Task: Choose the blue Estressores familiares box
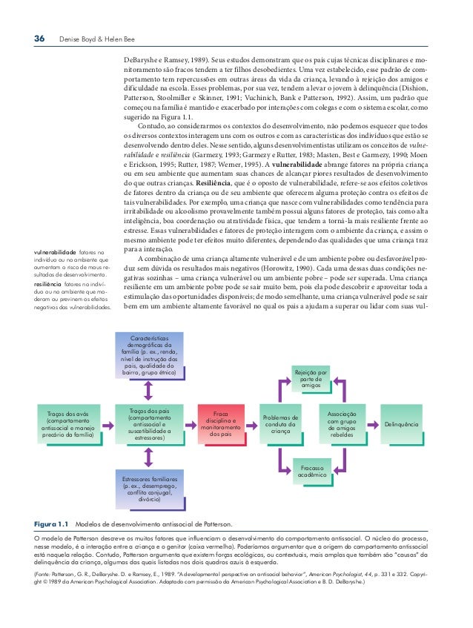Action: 150,489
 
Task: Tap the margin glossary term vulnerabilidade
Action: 56,254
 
